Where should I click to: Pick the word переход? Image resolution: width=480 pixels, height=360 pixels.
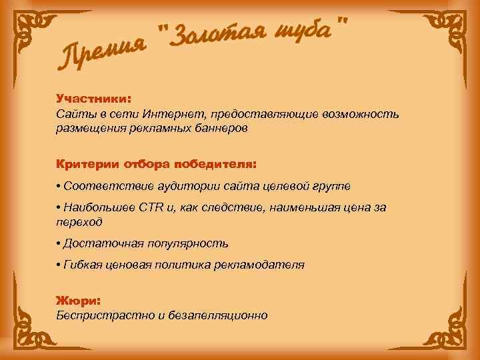[79, 222]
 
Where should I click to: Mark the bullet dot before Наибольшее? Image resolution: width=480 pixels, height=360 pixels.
[59, 208]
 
